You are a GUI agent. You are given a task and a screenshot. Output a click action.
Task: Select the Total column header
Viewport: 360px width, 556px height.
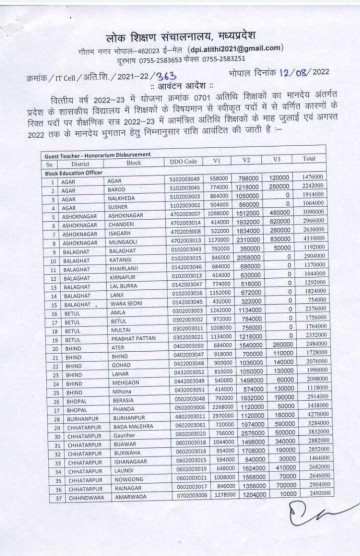click(x=309, y=158)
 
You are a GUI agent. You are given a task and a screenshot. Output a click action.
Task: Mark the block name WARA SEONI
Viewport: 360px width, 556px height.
click(x=126, y=303)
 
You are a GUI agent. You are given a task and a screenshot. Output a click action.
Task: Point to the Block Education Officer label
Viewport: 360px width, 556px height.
click(x=72, y=172)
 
